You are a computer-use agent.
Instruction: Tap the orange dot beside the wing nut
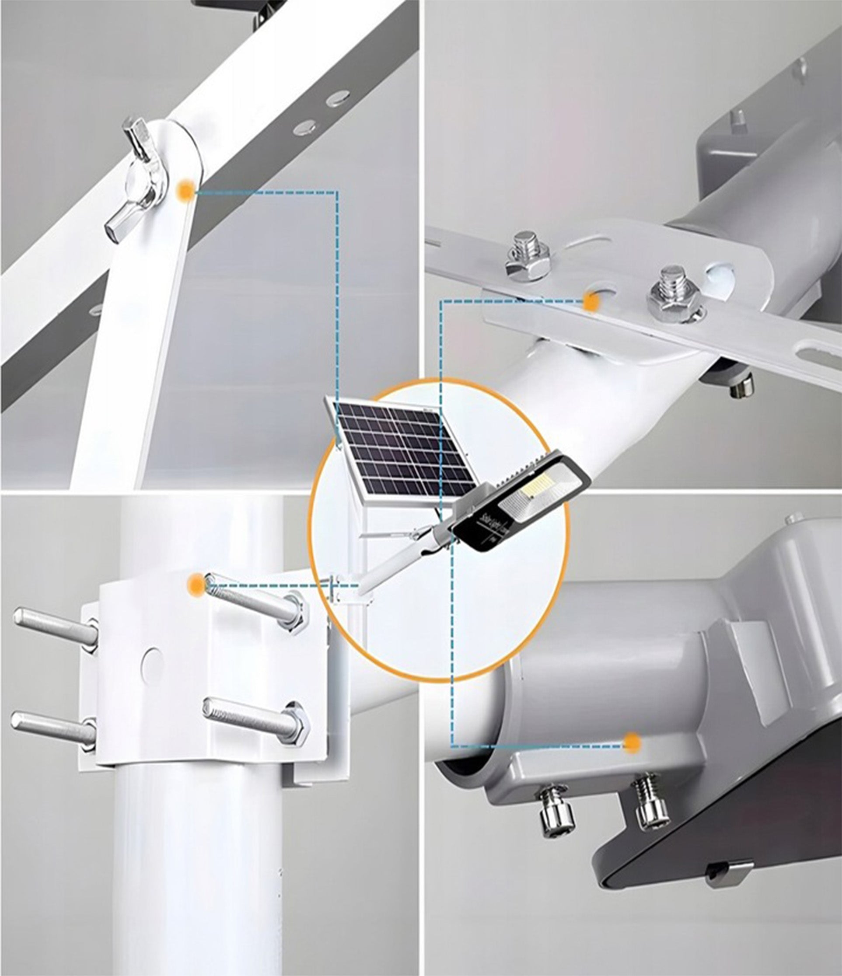185,191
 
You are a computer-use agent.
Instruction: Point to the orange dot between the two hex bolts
590,300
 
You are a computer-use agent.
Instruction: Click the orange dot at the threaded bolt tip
195,584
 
